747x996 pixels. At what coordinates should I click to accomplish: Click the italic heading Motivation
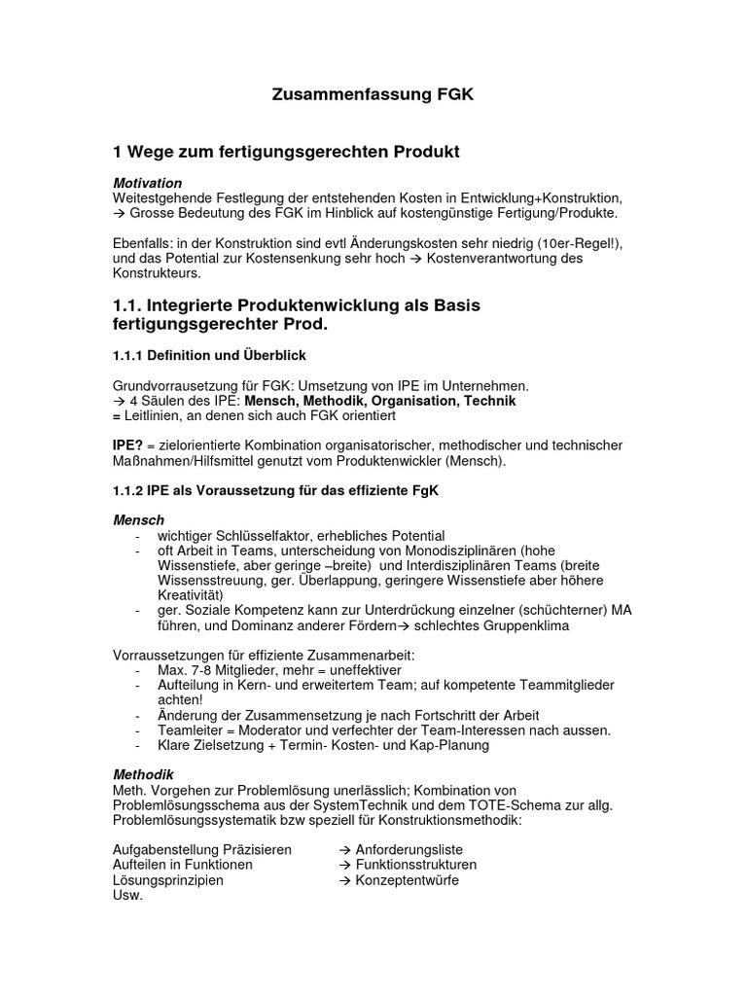click(x=147, y=183)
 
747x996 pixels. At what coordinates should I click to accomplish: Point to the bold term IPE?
click(x=129, y=445)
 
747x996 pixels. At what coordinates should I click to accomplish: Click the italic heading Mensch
click(x=139, y=520)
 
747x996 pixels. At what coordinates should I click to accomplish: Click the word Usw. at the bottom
click(x=127, y=895)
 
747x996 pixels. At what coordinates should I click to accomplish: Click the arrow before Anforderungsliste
click(x=345, y=849)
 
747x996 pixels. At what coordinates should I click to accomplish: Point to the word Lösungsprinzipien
click(x=168, y=880)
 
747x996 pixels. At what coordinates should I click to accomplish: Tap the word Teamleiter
click(x=191, y=730)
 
